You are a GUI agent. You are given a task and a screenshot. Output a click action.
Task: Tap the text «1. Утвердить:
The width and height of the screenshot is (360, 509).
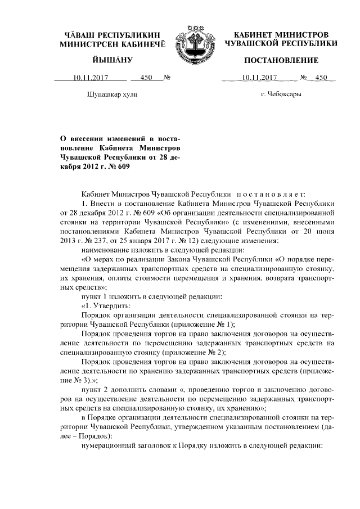coord(106,305)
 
